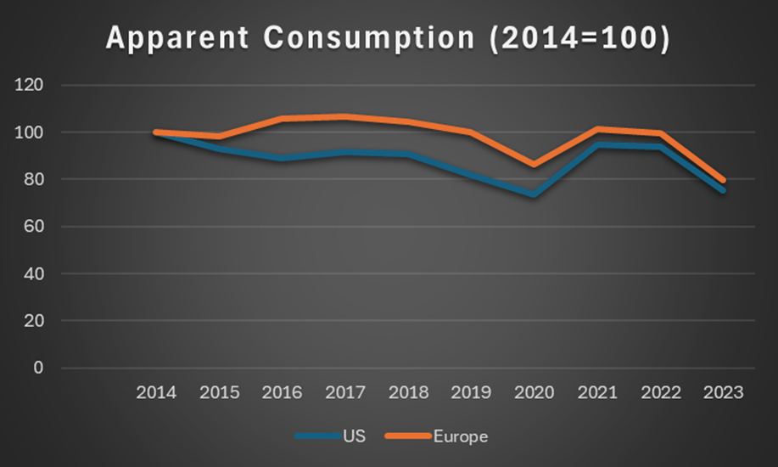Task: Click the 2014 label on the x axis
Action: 156,393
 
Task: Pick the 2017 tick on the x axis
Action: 345,393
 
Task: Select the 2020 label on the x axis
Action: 534,393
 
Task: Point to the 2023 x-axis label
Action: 723,393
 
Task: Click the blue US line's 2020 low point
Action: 534,194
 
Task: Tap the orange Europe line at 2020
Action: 534,165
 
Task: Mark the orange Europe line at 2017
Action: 345,116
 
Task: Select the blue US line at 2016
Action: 283,159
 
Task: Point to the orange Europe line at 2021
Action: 596,129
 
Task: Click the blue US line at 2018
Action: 408,155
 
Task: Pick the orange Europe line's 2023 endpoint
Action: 723,180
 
